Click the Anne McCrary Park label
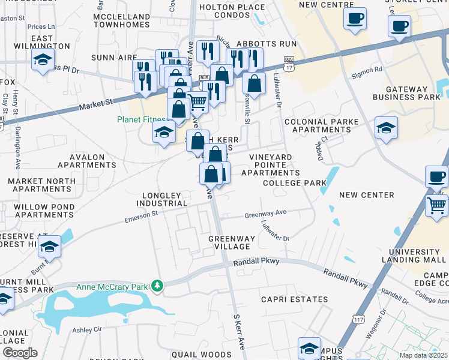click(x=112, y=287)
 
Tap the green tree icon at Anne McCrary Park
click(x=158, y=286)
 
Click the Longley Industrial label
click(x=164, y=199)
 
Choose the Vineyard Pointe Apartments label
click(x=274, y=164)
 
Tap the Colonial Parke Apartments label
click(x=321, y=125)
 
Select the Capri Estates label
click(x=294, y=299)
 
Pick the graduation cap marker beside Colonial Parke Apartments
click(x=386, y=128)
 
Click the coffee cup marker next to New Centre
click(x=355, y=18)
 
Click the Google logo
click(x=20, y=352)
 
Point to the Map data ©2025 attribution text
click(x=423, y=355)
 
